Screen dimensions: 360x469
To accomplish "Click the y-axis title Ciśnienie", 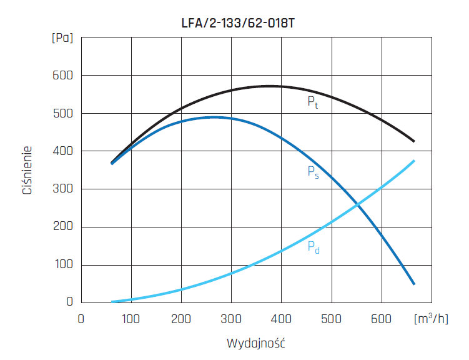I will point(27,170).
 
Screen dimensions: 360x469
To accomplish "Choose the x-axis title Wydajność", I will point(256,343).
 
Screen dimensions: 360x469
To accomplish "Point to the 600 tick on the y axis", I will point(62,76).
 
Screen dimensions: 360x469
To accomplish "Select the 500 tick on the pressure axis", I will point(62,114).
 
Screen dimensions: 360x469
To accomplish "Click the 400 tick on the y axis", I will point(62,151).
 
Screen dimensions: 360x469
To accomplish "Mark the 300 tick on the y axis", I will point(62,189).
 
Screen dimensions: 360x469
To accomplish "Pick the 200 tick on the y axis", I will point(62,227).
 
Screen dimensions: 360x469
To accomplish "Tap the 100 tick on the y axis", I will point(62,265).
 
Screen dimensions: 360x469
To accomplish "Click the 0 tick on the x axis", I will point(81,318).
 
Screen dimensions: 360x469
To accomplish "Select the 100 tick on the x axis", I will point(131,318).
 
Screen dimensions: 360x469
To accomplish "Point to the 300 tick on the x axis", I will point(231,318).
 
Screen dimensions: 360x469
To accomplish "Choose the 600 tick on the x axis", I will point(381,318).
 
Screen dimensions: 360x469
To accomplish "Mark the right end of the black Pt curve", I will point(414,142).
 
